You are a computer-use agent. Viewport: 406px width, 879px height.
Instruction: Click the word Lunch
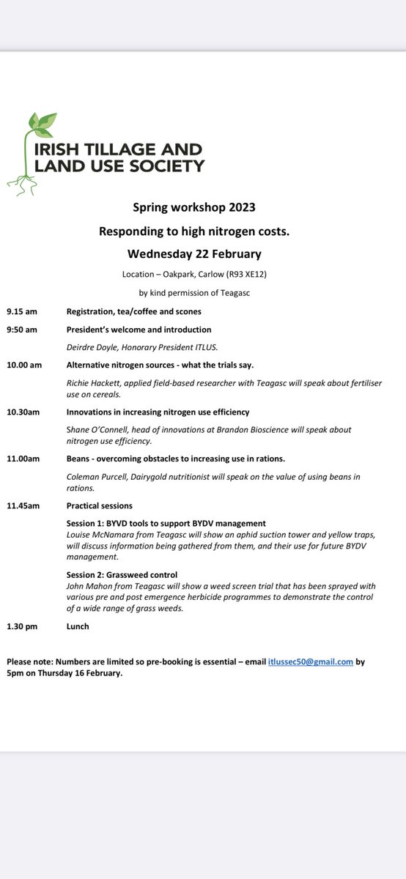point(78,627)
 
